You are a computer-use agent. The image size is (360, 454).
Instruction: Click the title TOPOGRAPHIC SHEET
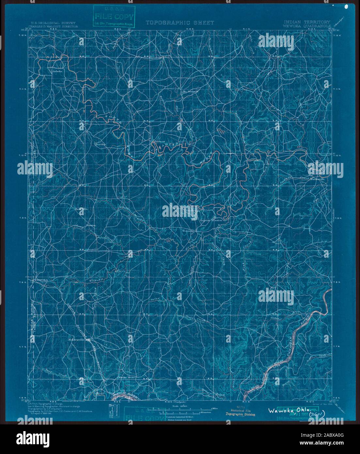click(180, 23)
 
